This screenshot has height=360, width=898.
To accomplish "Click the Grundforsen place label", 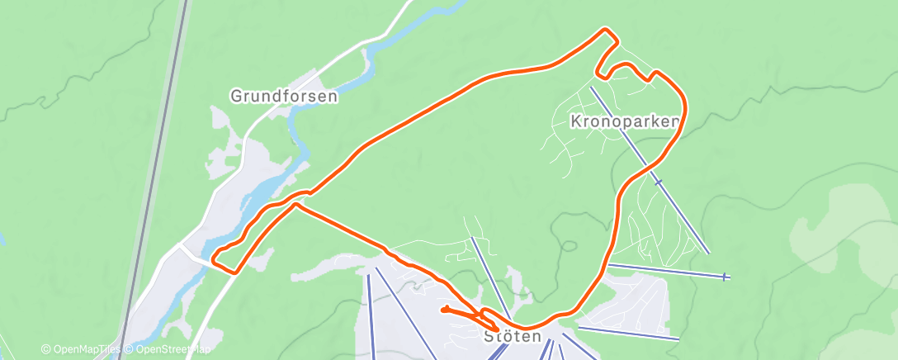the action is [x=284, y=97].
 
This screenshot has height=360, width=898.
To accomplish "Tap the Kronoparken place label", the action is [x=625, y=121].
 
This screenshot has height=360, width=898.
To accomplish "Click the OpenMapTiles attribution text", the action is [x=86, y=349].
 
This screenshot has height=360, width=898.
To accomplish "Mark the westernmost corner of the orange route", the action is [x=213, y=259].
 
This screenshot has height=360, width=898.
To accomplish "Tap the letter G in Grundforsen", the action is [x=235, y=97].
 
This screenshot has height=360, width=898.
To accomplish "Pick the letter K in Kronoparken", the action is [x=575, y=121].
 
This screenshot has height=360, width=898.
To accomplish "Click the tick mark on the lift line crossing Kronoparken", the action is [x=658, y=182].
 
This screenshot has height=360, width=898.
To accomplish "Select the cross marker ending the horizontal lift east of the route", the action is [x=725, y=277].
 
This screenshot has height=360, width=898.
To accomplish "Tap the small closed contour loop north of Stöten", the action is [x=567, y=244].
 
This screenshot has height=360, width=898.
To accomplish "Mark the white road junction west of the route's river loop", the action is [x=180, y=246].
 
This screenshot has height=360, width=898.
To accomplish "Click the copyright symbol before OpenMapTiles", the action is [x=45, y=349].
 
